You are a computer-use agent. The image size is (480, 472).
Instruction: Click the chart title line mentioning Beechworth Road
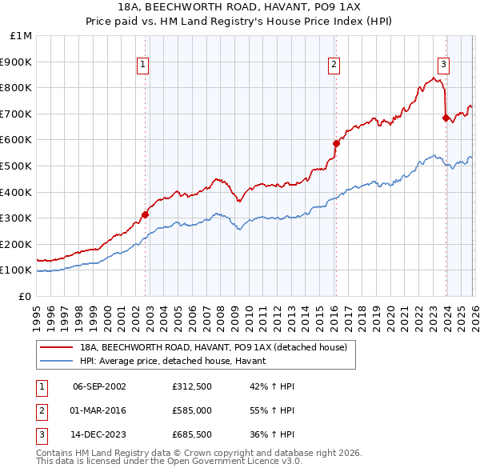[x=240, y=7]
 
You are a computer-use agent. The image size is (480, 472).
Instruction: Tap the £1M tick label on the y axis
[x=22, y=36]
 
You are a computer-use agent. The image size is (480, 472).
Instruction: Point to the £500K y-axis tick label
[x=18, y=166]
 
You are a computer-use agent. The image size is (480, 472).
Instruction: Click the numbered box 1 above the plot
[x=142, y=66]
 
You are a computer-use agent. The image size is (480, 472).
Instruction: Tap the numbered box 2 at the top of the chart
[x=333, y=66]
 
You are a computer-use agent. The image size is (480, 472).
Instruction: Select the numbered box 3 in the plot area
[x=443, y=66]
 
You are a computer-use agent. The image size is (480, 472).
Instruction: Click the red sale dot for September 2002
[x=145, y=214]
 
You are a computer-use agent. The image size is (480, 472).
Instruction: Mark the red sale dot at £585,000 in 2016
[x=336, y=143]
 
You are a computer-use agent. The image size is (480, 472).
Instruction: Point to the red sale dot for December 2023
[x=446, y=118]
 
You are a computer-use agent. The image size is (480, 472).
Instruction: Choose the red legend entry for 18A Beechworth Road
[x=213, y=347]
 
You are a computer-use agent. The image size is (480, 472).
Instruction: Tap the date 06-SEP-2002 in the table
[x=99, y=386]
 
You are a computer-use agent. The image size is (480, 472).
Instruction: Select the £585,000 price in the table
[x=191, y=411]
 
